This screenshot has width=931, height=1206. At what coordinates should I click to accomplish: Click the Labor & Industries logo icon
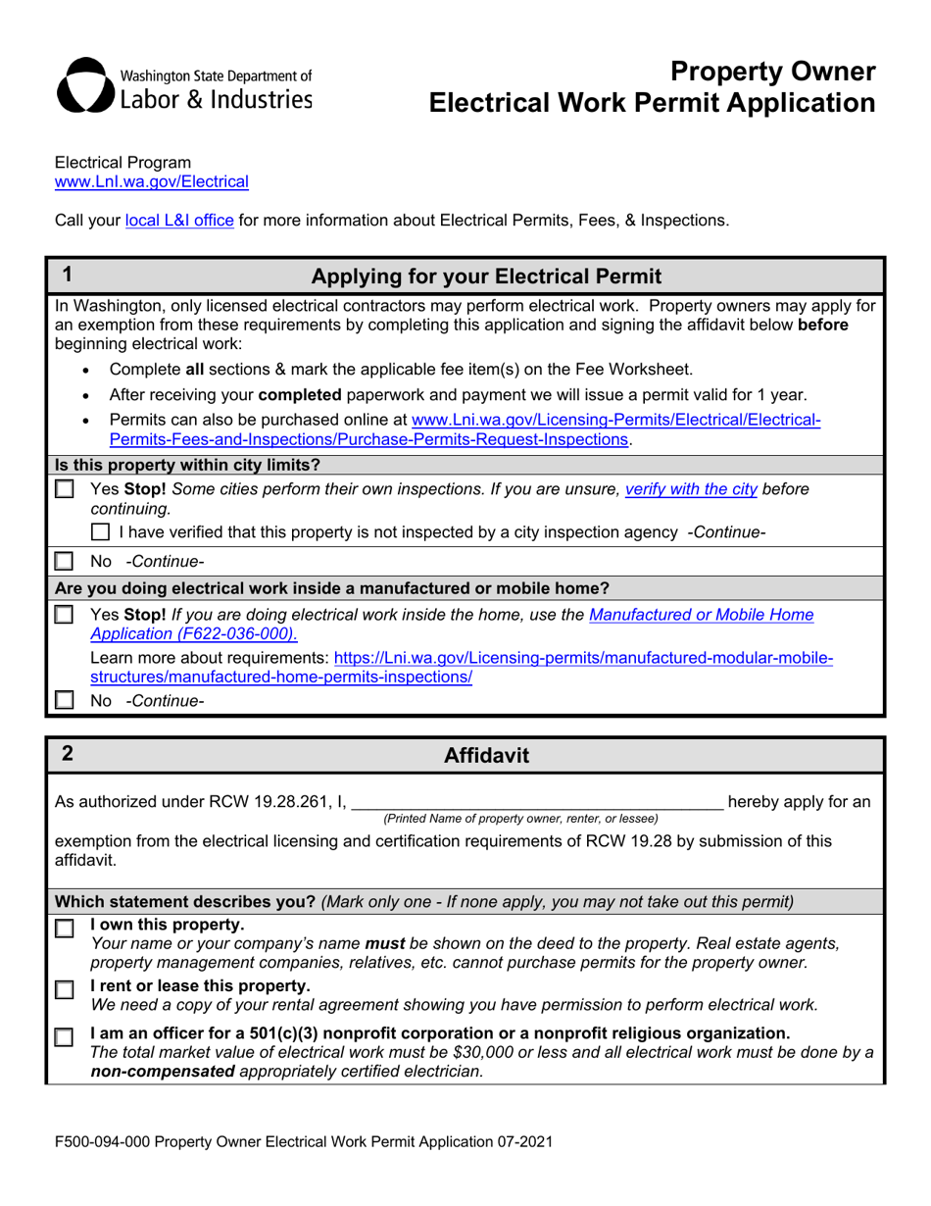click(86, 86)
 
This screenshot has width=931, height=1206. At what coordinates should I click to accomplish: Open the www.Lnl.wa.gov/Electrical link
click(152, 181)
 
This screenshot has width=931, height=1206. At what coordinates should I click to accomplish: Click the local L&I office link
click(179, 221)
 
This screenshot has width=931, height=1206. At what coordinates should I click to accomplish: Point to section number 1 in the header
click(67, 276)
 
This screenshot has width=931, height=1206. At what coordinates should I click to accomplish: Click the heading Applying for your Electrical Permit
click(485, 276)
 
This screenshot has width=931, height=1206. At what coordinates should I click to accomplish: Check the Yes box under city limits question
click(65, 489)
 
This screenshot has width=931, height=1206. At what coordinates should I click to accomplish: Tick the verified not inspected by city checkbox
click(100, 532)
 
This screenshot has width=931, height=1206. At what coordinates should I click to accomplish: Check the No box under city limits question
click(65, 562)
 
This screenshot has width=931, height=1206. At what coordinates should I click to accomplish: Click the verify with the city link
click(691, 488)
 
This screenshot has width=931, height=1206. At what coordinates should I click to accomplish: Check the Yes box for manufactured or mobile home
click(65, 615)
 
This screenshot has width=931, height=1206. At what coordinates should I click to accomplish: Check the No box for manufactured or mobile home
click(65, 701)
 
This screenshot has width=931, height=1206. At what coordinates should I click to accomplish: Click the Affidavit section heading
click(486, 755)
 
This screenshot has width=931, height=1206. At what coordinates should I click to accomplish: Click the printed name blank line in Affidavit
click(537, 802)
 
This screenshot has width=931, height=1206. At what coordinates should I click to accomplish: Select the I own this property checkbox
click(65, 929)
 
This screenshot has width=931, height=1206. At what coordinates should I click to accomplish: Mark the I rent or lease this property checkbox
click(65, 989)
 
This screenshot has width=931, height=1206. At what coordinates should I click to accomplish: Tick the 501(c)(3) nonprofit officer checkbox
click(65, 1036)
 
